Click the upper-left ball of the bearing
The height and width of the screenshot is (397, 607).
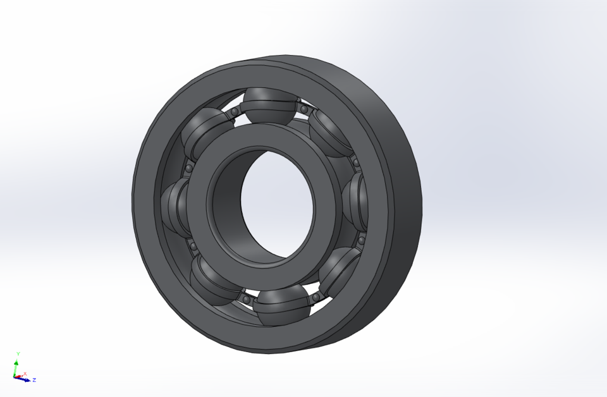point(205,129)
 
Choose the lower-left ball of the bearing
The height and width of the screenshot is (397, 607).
point(212,278)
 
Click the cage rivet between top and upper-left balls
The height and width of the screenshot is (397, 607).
point(234,112)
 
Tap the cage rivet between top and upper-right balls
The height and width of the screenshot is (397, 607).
point(304,110)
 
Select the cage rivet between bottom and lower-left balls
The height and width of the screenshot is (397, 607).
point(243,295)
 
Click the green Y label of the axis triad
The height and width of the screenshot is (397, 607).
point(18,353)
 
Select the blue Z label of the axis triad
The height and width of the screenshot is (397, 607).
point(34,380)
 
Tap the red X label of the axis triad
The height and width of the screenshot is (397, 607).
point(25,374)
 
